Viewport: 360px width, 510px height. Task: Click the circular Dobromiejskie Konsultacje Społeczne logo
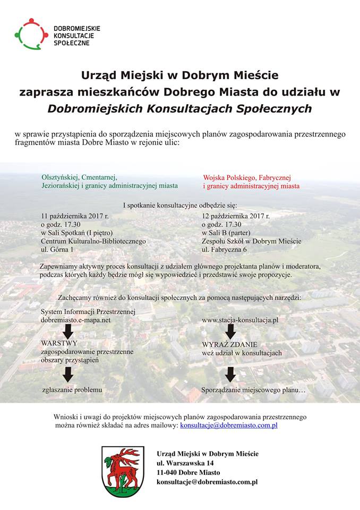pyautogui.click(x=31, y=34)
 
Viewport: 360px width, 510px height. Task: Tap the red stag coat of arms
pyautogui.click(x=123, y=471)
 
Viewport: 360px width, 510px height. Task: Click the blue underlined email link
pyautogui.click(x=228, y=426)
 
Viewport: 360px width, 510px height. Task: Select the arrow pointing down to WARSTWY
pyautogui.click(x=68, y=331)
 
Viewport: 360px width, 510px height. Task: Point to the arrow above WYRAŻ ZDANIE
pyautogui.click(x=230, y=331)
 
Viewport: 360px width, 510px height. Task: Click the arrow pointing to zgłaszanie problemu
pyautogui.click(x=68, y=375)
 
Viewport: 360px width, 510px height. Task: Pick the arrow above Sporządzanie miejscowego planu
pyautogui.click(x=230, y=375)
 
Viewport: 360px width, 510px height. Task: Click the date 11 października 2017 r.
pyautogui.click(x=75, y=216)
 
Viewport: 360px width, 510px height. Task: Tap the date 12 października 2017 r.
pyautogui.click(x=235, y=216)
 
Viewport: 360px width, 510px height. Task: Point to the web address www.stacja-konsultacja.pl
pyautogui.click(x=240, y=320)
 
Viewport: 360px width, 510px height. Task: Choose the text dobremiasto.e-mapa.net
pyautogui.click(x=75, y=320)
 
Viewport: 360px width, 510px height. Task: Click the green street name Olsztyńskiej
pyautogui.click(x=59, y=177)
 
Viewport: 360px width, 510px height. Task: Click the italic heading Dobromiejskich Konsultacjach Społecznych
pyautogui.click(x=179, y=109)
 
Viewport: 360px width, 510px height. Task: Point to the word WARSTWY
pyautogui.click(x=59, y=344)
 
